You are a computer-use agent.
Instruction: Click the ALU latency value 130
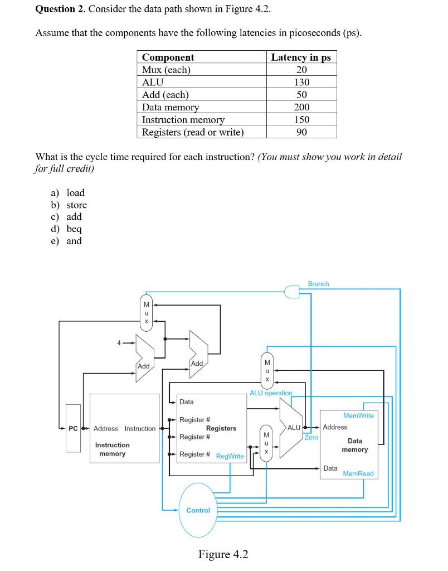click(x=301, y=82)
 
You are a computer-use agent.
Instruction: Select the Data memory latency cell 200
click(x=301, y=107)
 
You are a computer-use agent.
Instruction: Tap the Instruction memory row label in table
click(x=183, y=120)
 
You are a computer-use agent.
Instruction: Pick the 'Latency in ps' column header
click(x=301, y=57)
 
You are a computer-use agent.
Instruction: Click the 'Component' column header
click(x=168, y=57)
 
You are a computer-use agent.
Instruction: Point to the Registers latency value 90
click(x=301, y=132)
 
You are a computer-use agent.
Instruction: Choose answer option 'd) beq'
click(x=66, y=229)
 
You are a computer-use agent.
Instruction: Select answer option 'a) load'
click(x=67, y=193)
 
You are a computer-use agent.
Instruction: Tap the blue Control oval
click(x=198, y=510)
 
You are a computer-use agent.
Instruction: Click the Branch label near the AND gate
click(x=318, y=284)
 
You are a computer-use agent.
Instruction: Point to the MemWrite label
click(x=358, y=415)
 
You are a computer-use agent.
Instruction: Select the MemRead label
click(x=358, y=473)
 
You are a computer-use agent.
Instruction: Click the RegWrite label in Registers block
click(x=230, y=456)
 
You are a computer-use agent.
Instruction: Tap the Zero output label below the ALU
click(x=311, y=438)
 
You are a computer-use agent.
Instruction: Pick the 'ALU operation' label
click(x=271, y=393)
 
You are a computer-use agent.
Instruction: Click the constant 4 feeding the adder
click(x=118, y=343)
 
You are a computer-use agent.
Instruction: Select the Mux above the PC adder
click(x=147, y=312)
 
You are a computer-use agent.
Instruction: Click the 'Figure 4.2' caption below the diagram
click(x=223, y=554)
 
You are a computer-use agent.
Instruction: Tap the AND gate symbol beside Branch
click(x=291, y=291)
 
